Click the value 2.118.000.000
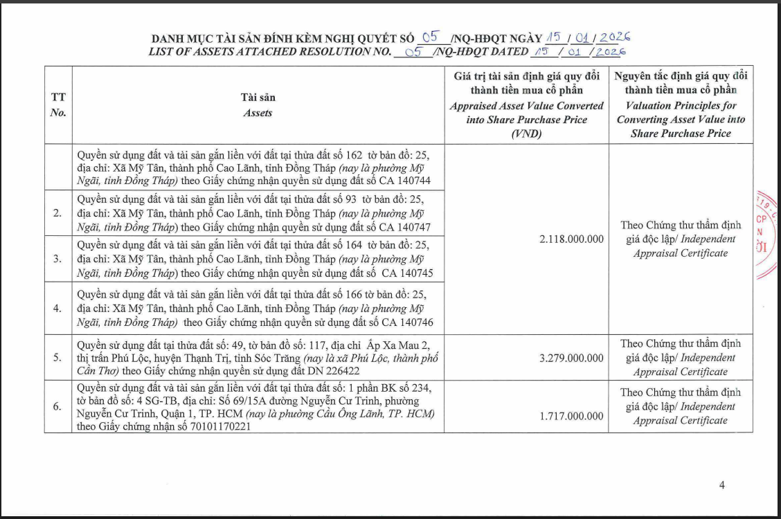coord(571,239)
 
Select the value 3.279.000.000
coord(571,358)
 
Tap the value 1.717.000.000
coord(571,417)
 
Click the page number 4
coord(722,485)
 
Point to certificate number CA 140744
coord(405,180)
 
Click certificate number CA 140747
coord(405,227)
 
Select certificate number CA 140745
coord(407,273)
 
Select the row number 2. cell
coord(58,213)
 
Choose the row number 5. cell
coord(58,358)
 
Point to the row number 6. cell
coord(58,406)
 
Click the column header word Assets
coord(258,113)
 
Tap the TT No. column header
coord(58,105)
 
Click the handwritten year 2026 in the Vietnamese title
coord(615,37)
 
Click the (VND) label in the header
coord(526,134)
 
